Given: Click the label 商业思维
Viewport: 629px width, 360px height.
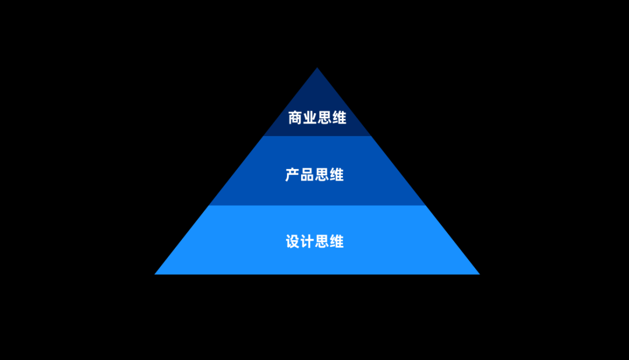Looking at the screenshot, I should [x=317, y=118].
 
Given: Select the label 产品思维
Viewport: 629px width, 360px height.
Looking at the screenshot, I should [x=314, y=175].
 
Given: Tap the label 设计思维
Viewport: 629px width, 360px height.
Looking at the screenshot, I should [x=314, y=241].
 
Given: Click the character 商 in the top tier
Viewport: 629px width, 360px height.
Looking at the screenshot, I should [x=295, y=118].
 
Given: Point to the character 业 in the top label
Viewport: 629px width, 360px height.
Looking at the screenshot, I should [x=310, y=118].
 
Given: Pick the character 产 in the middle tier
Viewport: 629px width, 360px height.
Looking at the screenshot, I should [x=292, y=175].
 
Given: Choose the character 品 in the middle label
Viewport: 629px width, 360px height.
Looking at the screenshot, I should [x=307, y=175].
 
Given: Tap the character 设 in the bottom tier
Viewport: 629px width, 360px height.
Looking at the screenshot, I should [x=292, y=241].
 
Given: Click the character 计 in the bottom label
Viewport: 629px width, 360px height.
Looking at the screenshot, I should [x=307, y=241].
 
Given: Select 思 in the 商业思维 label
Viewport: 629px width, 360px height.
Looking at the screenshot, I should [x=324, y=118].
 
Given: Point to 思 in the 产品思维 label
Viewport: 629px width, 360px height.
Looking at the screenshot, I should [x=322, y=175].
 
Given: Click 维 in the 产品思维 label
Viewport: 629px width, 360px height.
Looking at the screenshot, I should [x=337, y=175].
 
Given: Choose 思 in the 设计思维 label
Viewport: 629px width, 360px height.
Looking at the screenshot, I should [x=322, y=241].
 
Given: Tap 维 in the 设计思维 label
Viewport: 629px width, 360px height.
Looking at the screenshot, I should [x=337, y=241].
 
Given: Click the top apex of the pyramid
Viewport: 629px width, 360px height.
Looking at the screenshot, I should [x=317, y=69].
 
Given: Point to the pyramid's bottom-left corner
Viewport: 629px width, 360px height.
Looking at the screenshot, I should [x=156, y=273].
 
